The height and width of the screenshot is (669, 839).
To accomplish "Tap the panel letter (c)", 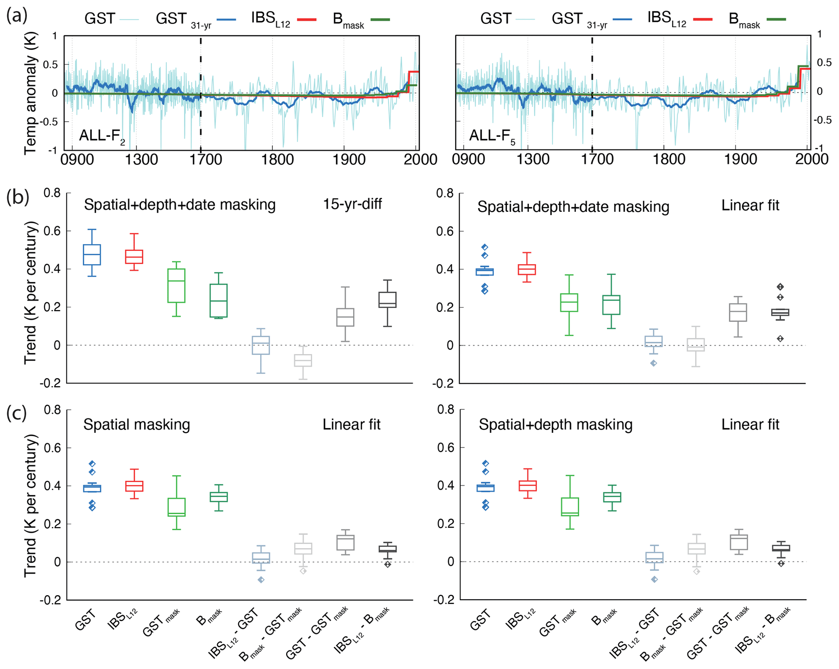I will [17, 414].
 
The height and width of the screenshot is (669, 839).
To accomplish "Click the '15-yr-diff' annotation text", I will [352, 204].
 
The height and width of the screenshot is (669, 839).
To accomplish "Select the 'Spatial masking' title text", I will [137, 425].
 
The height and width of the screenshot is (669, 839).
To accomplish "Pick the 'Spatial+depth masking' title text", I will [555, 425].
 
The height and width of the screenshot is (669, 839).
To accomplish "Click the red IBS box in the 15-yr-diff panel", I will [134, 257].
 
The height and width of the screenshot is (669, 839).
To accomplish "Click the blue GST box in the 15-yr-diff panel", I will [92, 255].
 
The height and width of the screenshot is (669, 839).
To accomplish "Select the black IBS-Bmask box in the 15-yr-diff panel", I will [388, 300].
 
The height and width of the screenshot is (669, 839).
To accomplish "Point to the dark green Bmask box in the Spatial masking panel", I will [218, 497].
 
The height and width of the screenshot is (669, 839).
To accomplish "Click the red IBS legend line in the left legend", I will [306, 19].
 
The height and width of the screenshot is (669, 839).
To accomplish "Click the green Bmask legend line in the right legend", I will [776, 19].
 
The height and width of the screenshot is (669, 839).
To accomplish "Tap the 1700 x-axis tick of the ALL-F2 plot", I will [205, 159].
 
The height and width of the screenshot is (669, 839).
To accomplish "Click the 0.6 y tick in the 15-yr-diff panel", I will [52, 231].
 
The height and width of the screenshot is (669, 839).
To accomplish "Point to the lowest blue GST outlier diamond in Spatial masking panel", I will [93, 508].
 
